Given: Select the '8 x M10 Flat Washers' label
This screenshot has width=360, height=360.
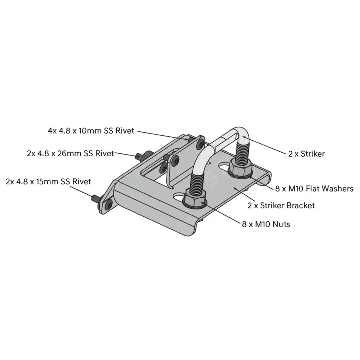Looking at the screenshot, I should [x=314, y=188].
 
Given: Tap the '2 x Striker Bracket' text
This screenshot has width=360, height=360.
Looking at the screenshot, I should [x=281, y=205].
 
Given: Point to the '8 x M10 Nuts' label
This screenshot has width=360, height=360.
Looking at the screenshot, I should [x=266, y=224].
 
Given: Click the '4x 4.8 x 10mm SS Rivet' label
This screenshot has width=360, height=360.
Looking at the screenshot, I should [x=91, y=131].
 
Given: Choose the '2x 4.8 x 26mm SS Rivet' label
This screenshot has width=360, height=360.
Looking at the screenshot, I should [x=70, y=153].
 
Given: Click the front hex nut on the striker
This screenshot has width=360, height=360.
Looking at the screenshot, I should [x=195, y=197].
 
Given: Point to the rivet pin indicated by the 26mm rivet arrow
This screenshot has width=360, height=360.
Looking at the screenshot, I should [x=140, y=156].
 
